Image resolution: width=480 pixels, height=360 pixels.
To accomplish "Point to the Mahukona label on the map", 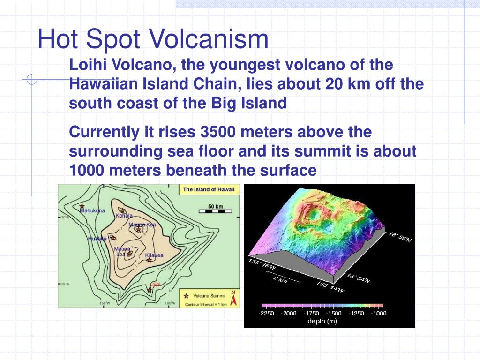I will point(92,211).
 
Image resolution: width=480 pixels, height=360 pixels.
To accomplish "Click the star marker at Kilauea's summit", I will point(149,260).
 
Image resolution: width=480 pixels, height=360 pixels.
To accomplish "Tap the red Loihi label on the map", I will point(155,285).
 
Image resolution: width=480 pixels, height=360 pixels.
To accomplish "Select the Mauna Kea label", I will point(142,225).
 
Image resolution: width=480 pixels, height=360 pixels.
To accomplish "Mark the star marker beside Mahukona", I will point(82,206).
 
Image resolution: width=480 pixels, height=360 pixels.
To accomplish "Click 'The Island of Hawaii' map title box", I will point(209,189).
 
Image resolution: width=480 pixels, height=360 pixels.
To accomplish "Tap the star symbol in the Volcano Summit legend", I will point(187,295).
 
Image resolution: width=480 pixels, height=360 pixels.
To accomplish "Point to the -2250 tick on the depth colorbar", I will point(266,313).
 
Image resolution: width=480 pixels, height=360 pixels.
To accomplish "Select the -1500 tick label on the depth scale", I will point(334,313).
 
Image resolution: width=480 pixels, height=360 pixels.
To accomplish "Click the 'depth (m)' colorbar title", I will point(322,321).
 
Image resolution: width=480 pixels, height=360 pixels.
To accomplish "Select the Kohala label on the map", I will point(124,216).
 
